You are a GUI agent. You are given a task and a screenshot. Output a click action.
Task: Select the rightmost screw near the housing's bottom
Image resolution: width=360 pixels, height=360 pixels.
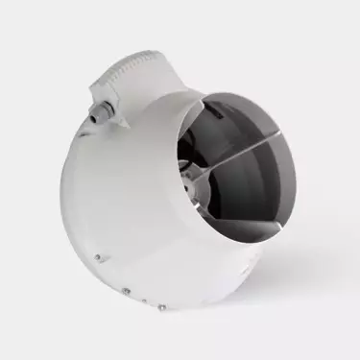(x=161, y=306)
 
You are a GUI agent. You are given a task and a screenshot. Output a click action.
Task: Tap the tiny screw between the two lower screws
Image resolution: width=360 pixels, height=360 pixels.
(x=143, y=300)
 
